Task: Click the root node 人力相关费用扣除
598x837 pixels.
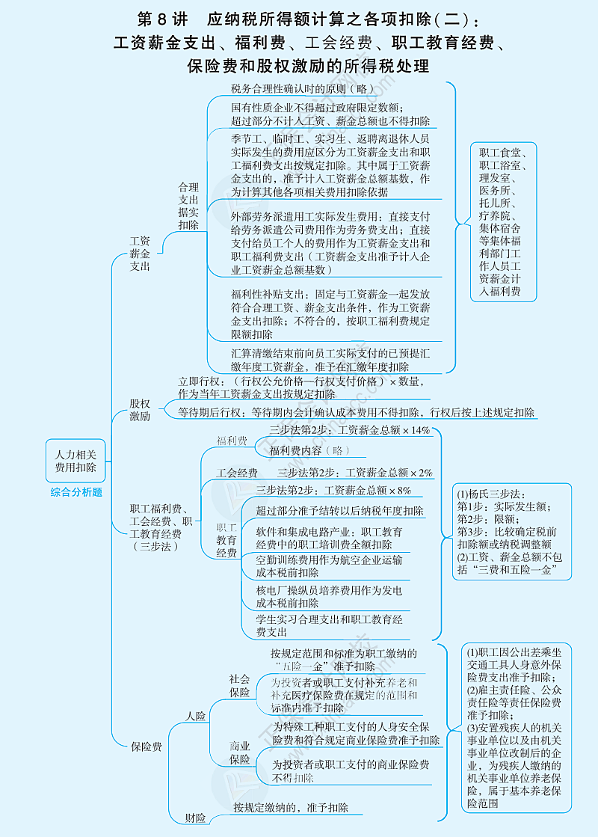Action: point(75,460)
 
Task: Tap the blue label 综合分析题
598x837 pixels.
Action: point(76,492)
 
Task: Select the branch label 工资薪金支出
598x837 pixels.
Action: point(140,254)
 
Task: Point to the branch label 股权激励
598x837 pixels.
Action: point(140,410)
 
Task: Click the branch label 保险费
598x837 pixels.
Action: point(146,746)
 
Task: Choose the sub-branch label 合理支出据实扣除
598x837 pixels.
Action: point(188,206)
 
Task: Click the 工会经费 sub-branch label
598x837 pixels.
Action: point(237,473)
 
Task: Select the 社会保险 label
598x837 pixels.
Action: point(240,685)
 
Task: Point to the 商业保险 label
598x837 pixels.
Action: point(240,753)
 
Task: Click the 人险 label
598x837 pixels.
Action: point(196,717)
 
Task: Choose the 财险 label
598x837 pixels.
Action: point(195,818)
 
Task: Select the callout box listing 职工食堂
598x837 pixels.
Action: point(503,222)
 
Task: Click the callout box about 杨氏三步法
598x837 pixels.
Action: point(513,531)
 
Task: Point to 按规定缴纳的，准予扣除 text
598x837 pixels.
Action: point(290,807)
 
